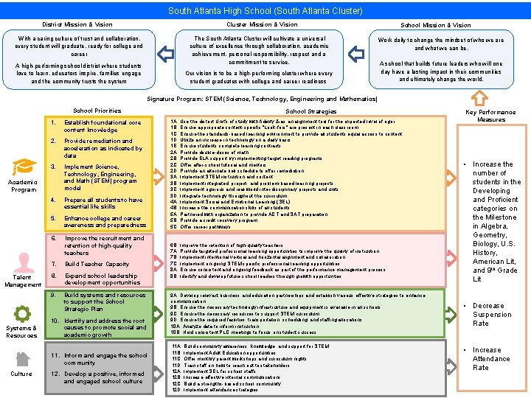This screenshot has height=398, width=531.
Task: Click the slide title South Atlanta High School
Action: click(x=265, y=10)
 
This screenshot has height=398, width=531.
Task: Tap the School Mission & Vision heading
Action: click(x=435, y=25)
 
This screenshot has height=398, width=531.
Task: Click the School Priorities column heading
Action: click(x=97, y=111)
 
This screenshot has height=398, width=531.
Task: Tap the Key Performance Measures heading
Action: click(x=491, y=116)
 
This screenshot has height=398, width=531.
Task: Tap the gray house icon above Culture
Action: click(x=21, y=359)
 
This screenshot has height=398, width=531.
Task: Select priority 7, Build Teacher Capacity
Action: click(x=97, y=264)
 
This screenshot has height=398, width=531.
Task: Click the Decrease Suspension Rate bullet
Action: click(x=491, y=315)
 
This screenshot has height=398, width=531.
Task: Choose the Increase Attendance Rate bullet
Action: click(x=491, y=359)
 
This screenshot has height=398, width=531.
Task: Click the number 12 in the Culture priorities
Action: click(x=55, y=374)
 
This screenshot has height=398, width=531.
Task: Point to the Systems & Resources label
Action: click(x=21, y=332)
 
